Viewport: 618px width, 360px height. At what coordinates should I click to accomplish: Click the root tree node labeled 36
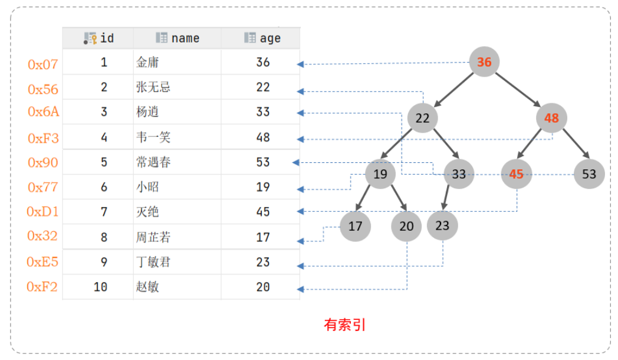484,62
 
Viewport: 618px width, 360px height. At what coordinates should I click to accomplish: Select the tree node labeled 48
551,118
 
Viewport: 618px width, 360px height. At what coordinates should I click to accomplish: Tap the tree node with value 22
422,118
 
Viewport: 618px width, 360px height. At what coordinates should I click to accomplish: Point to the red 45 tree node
517,174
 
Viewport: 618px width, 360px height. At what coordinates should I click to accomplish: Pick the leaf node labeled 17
355,226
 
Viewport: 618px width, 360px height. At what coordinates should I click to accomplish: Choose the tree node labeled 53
589,174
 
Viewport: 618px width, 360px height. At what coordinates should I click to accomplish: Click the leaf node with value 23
442,225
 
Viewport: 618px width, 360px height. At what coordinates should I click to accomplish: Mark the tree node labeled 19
380,174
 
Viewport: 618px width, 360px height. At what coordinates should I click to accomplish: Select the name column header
177,38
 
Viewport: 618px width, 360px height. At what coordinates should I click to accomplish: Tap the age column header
262,38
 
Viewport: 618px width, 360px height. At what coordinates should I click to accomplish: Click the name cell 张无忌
153,87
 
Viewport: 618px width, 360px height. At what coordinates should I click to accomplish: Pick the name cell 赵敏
147,287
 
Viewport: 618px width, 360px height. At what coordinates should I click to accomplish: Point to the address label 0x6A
44,112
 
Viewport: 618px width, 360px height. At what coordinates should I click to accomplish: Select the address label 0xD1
42,212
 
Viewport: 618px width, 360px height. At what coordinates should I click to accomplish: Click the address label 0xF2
42,287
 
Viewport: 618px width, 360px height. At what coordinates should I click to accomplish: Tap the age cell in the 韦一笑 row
263,138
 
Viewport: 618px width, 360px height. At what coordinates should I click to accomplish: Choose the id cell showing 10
100,287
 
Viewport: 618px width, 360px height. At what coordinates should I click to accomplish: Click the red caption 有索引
345,325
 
